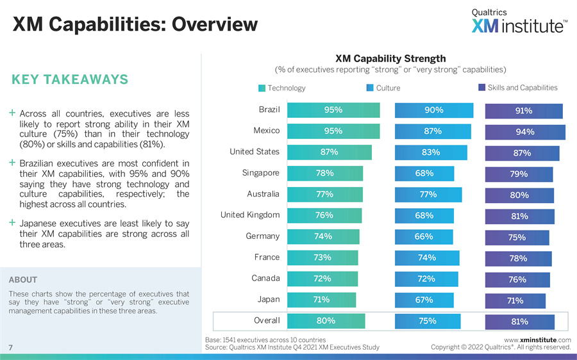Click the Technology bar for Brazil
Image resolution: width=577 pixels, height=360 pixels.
coord(333,110)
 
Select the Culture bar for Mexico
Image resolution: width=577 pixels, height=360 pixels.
coord(433,131)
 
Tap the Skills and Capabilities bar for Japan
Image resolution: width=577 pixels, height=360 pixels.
coord(515,301)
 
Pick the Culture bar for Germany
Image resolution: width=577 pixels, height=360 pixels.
coord(424,237)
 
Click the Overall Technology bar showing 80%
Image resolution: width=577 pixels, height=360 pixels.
coord(326,321)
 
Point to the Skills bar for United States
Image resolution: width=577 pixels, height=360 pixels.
coord(522,154)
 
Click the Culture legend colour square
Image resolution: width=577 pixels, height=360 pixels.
coord(370,88)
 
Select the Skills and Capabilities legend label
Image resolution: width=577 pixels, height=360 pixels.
coord(523,88)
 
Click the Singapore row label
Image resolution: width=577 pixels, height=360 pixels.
coord(261,173)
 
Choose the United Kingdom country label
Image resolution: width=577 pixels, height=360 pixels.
coord(250,215)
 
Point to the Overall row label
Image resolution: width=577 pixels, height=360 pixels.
coord(267,320)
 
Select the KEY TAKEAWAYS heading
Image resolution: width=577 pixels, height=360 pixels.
coord(70,79)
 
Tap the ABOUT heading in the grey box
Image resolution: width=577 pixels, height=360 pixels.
coord(23,280)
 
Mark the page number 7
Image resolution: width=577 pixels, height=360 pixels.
coord(11,347)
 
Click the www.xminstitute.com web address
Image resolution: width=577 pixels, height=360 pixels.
coord(537,340)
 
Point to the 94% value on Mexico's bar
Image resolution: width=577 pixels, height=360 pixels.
coord(525,133)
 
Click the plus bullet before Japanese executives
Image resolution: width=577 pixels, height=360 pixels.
coord(12,223)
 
